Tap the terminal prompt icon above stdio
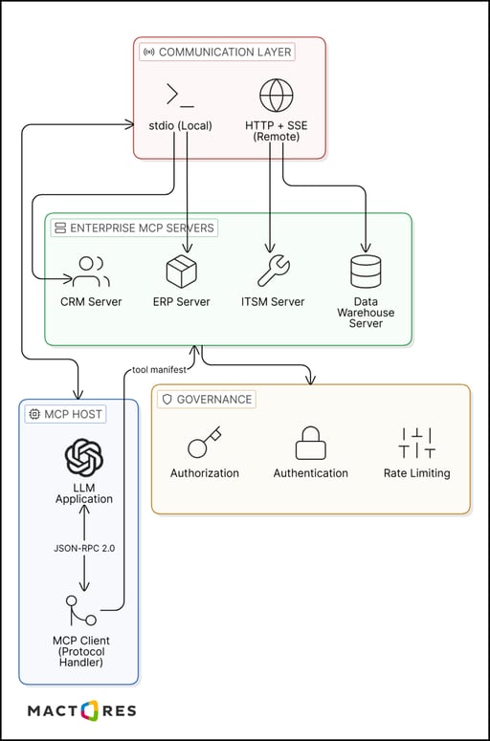pos(180,95)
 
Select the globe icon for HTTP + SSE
pos(277,96)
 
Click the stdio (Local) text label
pos(181,124)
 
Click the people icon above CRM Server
pos(91,272)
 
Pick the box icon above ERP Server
pos(181,272)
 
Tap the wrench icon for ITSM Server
pos(273,272)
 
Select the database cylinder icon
pos(366,272)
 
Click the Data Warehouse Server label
pos(366,313)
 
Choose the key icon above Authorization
pos(204,444)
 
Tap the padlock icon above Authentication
pos(310,444)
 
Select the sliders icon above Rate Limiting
pos(416,444)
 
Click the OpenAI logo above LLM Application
pos(83,456)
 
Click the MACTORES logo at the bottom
pos(81,710)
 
